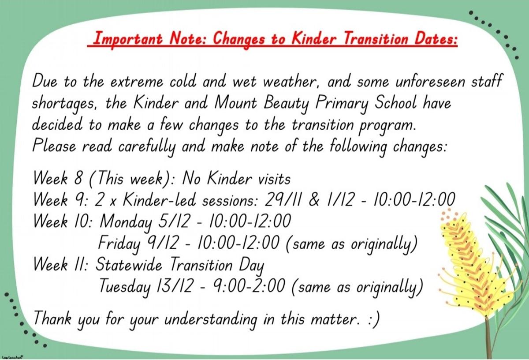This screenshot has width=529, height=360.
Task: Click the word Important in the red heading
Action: coord(128,39)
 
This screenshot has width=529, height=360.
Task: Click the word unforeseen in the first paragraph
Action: coord(430,82)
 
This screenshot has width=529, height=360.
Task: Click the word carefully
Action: coord(147,147)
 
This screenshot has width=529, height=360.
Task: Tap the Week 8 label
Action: coord(58,179)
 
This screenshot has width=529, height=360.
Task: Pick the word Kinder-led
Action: coord(160,200)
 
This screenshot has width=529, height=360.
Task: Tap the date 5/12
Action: coord(174,221)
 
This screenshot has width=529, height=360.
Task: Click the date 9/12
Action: coord(163,243)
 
